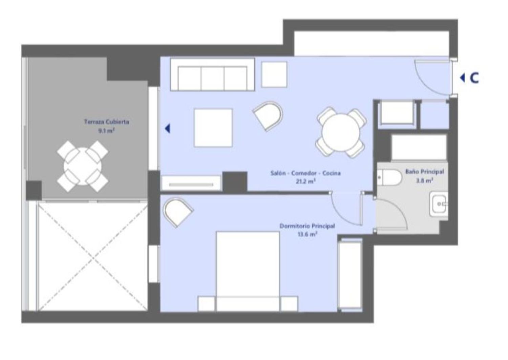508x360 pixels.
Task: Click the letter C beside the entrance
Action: pos(474,78)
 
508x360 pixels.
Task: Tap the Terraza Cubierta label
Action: pos(107,122)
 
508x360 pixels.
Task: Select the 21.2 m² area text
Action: pos(306,182)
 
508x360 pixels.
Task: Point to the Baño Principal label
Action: pos(425,172)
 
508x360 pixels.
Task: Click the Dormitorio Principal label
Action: pos(307,226)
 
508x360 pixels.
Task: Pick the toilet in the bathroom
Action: pos(389,177)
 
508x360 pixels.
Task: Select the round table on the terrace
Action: pos(83,166)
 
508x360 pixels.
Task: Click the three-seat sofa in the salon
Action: pos(212,75)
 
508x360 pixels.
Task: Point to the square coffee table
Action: pos(213,128)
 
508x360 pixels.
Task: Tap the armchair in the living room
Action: pos(268,116)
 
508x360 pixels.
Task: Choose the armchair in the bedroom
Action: pos(178,212)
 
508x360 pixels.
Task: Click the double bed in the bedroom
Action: pos(248,271)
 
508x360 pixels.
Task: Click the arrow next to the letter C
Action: pos(462,78)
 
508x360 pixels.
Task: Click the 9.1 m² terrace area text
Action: pos(106,131)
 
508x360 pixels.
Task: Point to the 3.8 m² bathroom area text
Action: pos(425,181)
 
